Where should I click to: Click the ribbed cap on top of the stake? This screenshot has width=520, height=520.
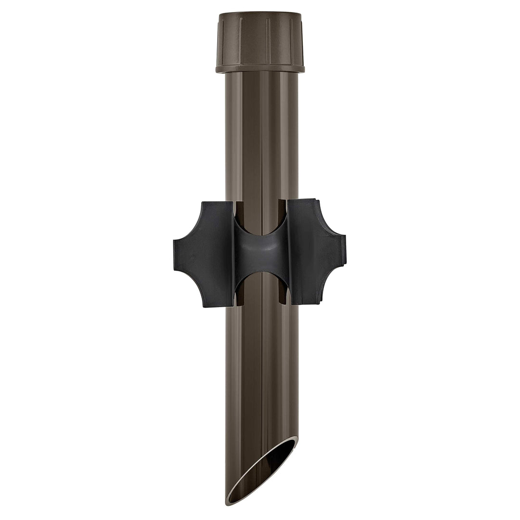(260, 41)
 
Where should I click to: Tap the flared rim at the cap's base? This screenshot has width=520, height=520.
(260, 69)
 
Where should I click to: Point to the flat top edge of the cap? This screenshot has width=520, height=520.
(260, 14)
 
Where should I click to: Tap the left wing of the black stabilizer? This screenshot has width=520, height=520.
(205, 253)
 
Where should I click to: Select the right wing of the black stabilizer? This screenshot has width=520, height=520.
(315, 253)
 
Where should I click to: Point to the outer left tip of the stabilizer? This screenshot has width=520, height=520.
(175, 253)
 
